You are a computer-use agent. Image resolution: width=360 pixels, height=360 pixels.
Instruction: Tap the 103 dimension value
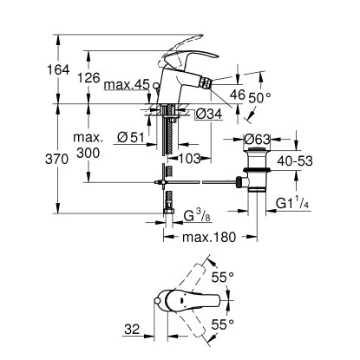click(x=190, y=158)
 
